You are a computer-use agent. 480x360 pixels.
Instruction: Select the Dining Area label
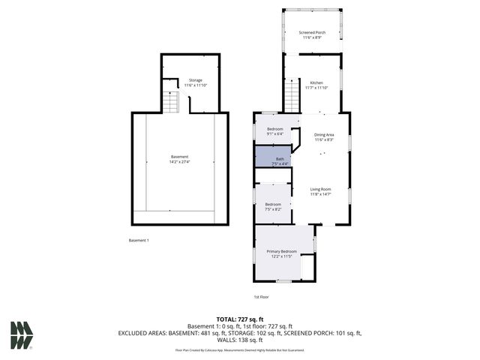tap(324, 135)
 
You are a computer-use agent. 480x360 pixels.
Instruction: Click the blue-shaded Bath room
tap(274, 157)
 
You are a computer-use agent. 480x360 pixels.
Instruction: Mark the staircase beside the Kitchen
tap(292, 96)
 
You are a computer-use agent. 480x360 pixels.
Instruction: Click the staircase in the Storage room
tap(171, 101)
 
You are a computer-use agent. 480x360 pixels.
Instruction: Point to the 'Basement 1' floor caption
tap(139, 240)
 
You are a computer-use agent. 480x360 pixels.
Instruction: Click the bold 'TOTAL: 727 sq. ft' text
tap(240, 319)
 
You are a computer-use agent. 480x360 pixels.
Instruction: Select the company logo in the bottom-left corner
tap(22, 335)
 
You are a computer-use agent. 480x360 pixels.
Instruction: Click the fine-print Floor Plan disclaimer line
tap(240, 349)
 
